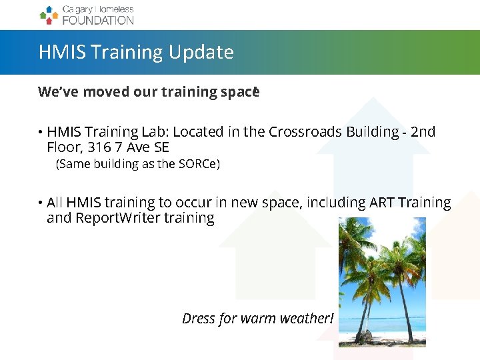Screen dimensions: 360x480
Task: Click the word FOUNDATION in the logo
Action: (97, 20)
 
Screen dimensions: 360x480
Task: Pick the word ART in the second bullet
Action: (381, 202)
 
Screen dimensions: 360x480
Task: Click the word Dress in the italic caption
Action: (199, 319)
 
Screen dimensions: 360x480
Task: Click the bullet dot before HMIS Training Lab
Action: (41, 133)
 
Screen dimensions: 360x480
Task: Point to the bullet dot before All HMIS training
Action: (41, 203)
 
